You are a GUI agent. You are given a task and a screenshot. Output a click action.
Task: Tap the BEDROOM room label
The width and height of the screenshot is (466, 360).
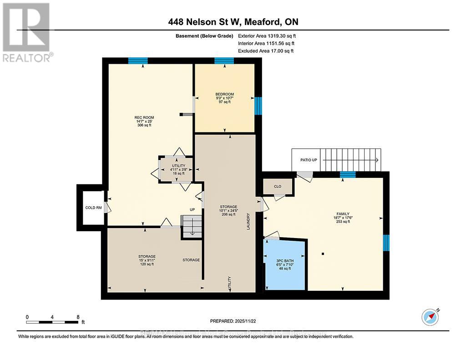(x=224, y=94)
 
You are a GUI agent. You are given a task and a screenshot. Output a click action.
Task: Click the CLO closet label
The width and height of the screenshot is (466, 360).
(x=277, y=186)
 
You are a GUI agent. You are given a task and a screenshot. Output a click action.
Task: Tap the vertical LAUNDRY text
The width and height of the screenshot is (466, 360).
(x=248, y=222)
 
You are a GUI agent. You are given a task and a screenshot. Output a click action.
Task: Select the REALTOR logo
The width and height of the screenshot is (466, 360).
(x=27, y=32)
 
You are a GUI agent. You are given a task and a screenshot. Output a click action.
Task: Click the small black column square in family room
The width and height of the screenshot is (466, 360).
(x=323, y=254)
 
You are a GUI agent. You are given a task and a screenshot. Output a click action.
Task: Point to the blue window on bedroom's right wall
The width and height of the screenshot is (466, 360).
(x=258, y=106)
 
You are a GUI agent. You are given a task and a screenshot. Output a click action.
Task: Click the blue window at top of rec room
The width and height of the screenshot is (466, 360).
(x=137, y=61)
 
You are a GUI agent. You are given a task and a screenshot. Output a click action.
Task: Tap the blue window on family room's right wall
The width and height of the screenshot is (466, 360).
(x=386, y=243)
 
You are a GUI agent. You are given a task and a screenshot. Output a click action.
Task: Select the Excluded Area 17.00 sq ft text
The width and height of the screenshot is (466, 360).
(x=266, y=51)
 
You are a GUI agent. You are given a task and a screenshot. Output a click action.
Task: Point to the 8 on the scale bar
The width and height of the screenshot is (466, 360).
(x=78, y=317)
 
